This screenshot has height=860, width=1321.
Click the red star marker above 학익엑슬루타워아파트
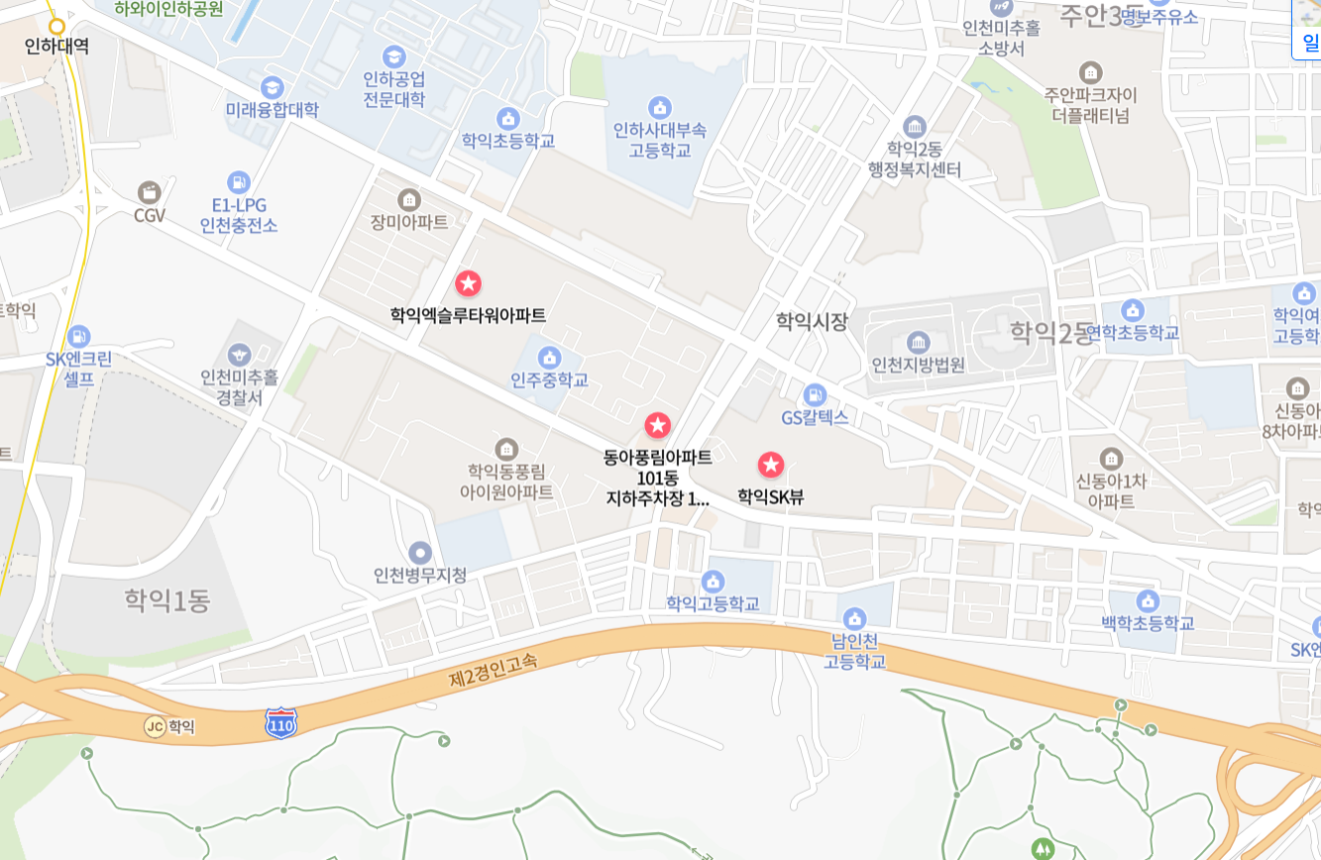point(468,283)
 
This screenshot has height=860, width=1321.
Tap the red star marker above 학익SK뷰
point(771,465)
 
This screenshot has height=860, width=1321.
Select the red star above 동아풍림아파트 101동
point(658,426)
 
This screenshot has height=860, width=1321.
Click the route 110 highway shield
point(281,723)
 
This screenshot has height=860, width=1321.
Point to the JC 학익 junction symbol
point(155,726)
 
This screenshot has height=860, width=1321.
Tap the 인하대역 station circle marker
point(56,27)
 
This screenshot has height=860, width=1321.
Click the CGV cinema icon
point(150,192)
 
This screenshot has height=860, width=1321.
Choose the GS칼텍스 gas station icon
point(815,394)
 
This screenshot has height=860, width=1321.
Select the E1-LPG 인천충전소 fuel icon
point(239,182)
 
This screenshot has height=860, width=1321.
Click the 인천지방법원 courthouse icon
point(918,343)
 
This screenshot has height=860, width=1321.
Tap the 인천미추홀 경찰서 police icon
point(239,355)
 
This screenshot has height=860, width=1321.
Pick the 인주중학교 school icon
point(549,358)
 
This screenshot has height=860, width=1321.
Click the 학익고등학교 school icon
point(713,582)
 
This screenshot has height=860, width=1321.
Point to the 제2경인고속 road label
point(493,671)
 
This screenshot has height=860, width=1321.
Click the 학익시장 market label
point(812,321)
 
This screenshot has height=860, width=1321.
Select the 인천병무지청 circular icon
point(420,553)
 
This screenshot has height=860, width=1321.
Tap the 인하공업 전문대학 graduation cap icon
point(394,56)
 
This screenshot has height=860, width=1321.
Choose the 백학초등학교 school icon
point(1148,601)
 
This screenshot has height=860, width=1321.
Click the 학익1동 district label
point(167,599)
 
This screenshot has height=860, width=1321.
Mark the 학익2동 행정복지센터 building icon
point(914,127)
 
